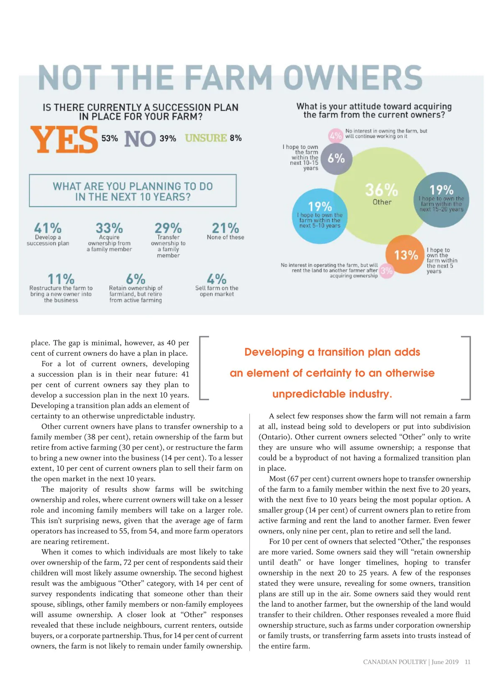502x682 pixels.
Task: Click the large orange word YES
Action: pos(64,140)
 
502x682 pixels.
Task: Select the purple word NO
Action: pos(140,139)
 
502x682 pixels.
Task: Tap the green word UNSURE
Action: pos(206,138)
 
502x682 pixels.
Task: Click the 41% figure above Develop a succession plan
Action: pos(48,228)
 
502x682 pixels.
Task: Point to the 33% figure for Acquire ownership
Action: pos(109,228)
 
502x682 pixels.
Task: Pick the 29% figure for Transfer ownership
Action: pos(168,228)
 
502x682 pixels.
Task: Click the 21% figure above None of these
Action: pos(225,228)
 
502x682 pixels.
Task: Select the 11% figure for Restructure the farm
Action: pos(61,278)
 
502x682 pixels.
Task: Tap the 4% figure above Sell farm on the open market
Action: pos(217,278)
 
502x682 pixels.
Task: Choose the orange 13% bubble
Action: pos(404,255)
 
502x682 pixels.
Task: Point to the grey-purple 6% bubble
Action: pos(336,158)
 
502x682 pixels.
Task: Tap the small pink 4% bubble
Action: pos(336,135)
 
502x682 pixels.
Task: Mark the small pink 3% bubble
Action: pos(387,271)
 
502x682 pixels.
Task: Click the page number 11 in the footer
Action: pos(468,662)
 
